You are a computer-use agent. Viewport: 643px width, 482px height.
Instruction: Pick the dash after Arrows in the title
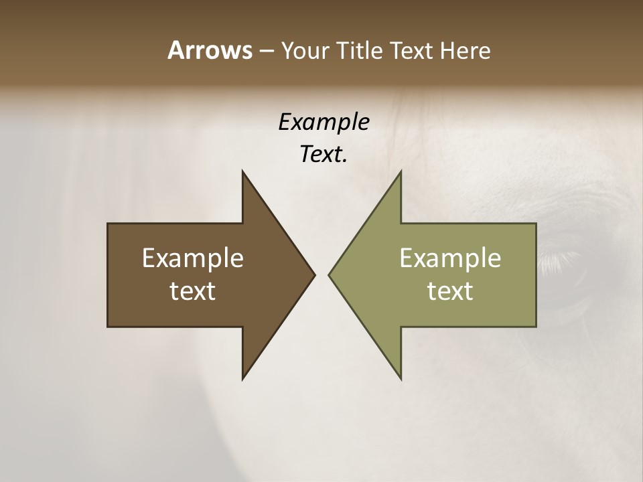(x=265, y=51)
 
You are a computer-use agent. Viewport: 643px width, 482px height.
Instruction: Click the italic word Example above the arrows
(x=324, y=123)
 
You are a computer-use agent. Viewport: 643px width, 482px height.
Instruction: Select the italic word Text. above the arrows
(x=324, y=155)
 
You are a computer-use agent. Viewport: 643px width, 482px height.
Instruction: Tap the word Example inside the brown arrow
(x=193, y=258)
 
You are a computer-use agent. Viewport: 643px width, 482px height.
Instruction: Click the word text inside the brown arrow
(x=193, y=291)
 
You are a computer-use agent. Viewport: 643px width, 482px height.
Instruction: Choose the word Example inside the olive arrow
(x=450, y=258)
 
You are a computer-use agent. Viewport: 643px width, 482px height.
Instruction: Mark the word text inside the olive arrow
(x=450, y=291)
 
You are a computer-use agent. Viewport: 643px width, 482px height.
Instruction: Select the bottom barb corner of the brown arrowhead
(x=243, y=378)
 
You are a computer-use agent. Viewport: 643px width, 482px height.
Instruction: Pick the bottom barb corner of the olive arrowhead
(x=401, y=378)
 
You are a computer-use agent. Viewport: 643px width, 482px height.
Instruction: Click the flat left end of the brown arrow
(x=109, y=275)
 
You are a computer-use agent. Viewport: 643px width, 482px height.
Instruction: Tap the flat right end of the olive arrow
(x=535, y=275)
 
